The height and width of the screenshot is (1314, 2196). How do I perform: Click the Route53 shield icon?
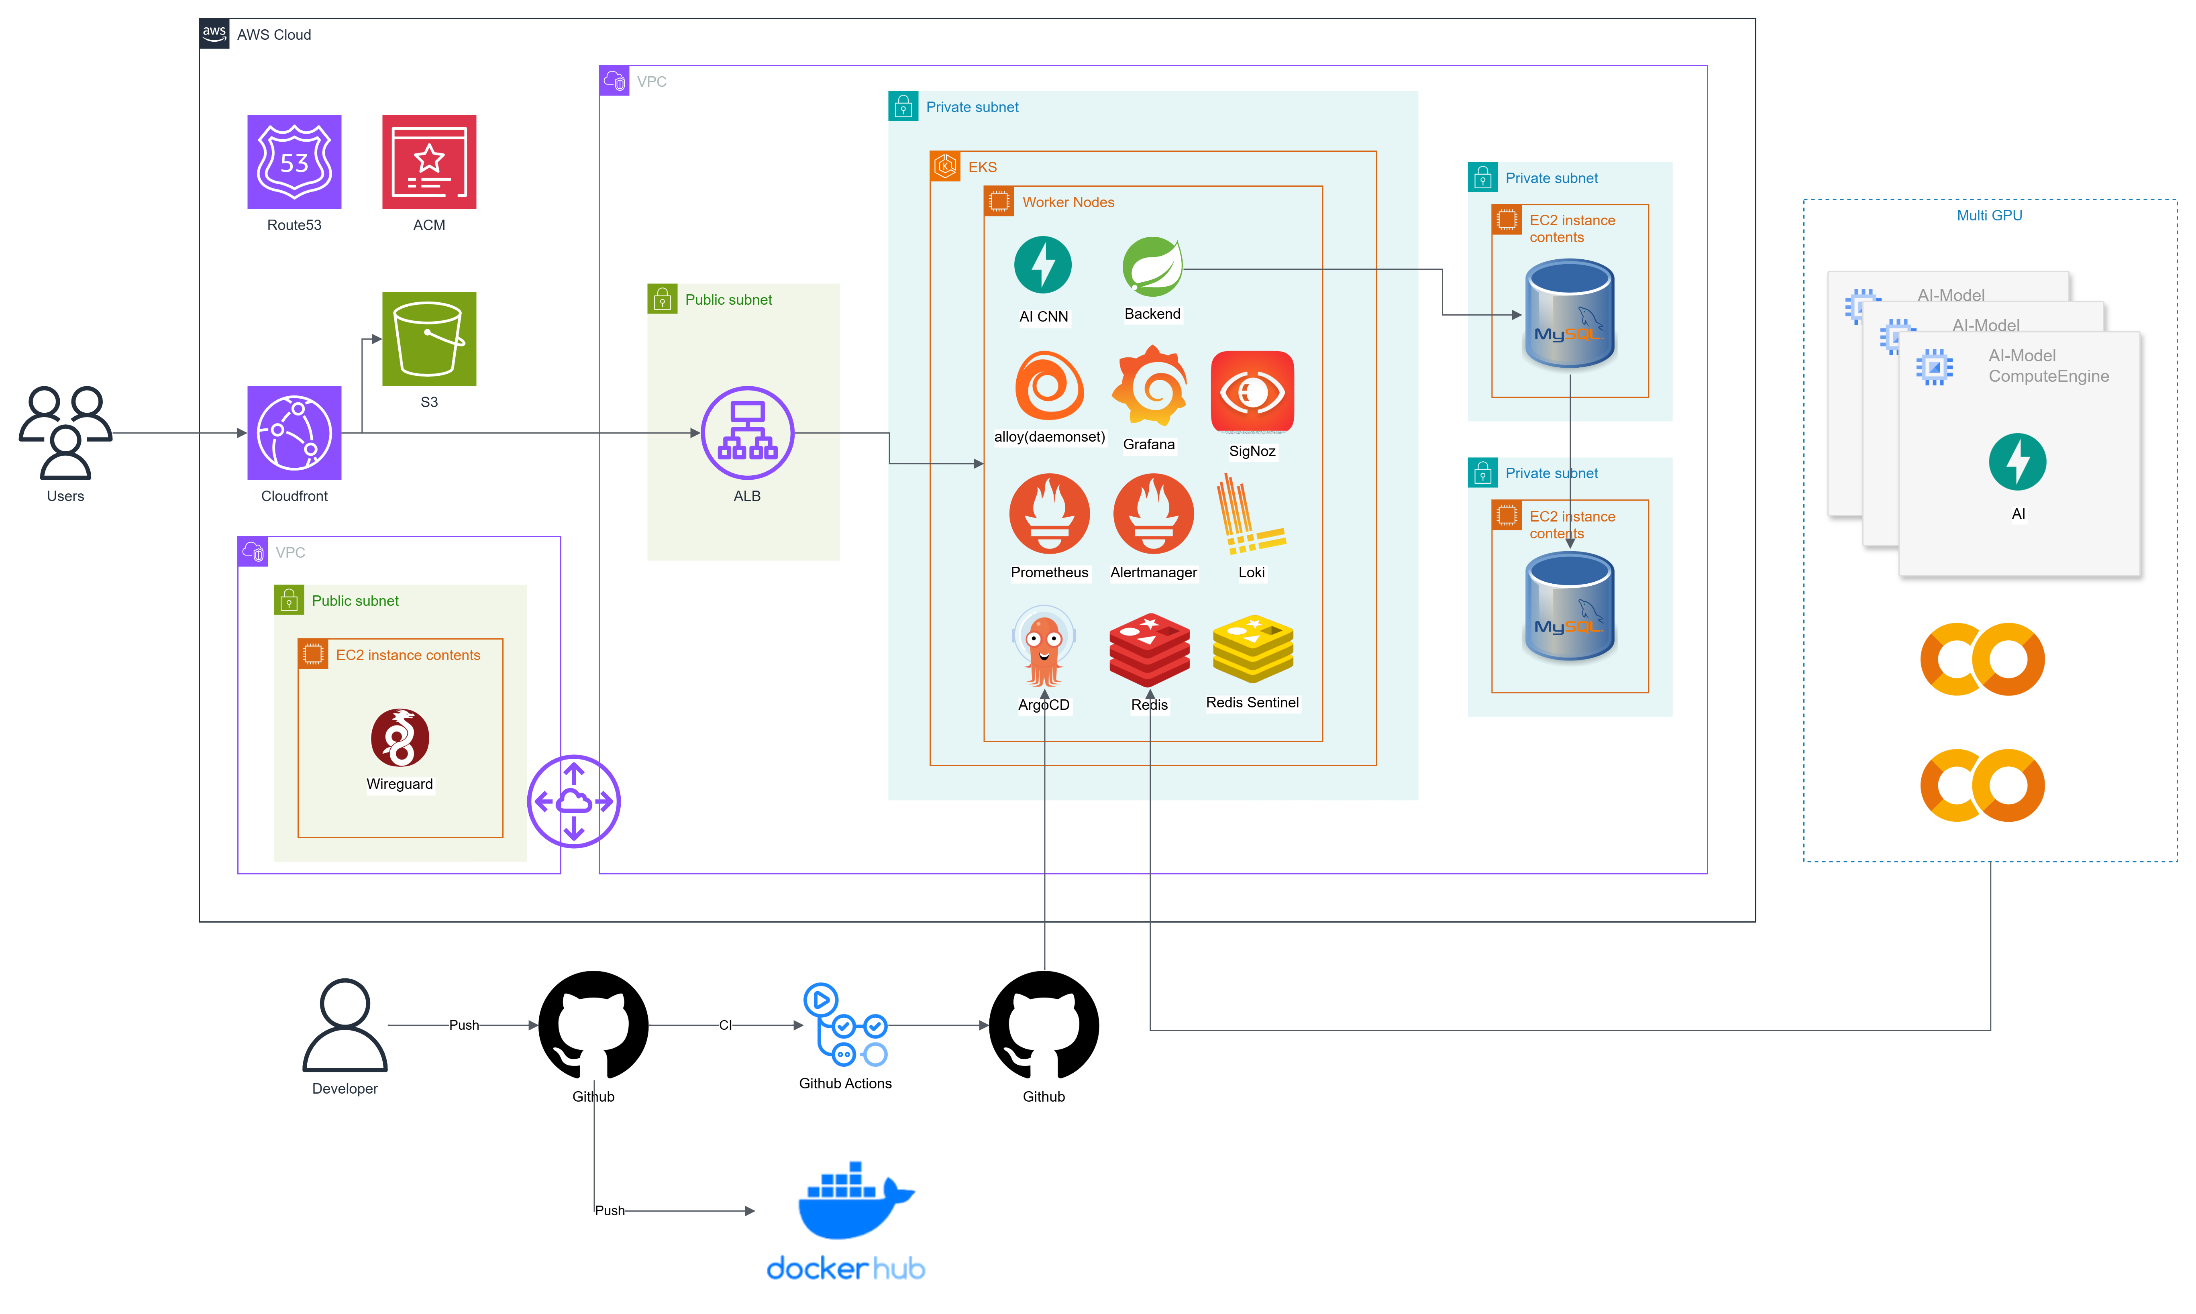294,162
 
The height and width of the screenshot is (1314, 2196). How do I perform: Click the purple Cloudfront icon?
294,433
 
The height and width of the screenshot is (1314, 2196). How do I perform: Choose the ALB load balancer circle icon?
747,433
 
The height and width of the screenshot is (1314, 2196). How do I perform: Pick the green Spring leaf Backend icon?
1152,267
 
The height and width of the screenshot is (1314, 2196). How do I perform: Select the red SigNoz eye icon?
1252,392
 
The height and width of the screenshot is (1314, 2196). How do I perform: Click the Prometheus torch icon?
1049,513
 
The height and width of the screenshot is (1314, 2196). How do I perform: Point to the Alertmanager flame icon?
1153,513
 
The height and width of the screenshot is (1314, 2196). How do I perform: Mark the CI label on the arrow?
725,1025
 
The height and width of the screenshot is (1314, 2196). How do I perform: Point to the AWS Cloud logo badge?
214,34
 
